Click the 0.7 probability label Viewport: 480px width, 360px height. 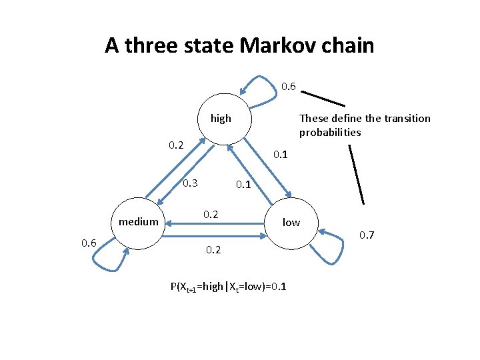pyautogui.click(x=368, y=235)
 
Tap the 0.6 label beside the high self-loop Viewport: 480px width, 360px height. pyautogui.click(x=289, y=86)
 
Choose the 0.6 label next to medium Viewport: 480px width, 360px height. pyautogui.click(x=89, y=243)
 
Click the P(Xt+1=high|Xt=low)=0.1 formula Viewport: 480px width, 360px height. pyautogui.click(x=229, y=287)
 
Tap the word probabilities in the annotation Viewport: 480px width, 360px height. pyautogui.click(x=330, y=132)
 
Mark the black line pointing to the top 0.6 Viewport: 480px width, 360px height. pyautogui.click(x=323, y=95)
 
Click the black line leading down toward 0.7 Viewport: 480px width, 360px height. pyautogui.click(x=357, y=175)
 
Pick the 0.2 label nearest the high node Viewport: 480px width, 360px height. pyautogui.click(x=176, y=145)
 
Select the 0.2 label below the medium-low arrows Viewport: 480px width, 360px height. pyautogui.click(x=214, y=250)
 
